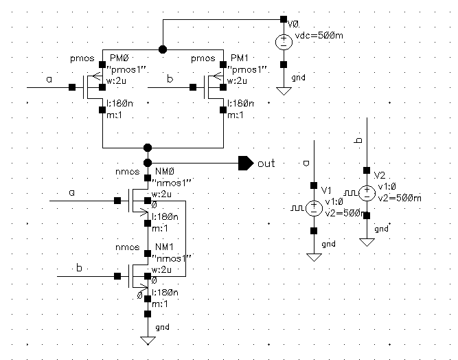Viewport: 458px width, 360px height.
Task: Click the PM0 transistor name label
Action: click(x=119, y=58)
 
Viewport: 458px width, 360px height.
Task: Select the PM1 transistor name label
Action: click(x=239, y=58)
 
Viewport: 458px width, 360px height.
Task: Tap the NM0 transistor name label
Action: click(x=164, y=171)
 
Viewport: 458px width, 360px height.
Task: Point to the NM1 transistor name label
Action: click(x=164, y=247)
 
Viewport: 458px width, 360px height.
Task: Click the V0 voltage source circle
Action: click(x=284, y=42)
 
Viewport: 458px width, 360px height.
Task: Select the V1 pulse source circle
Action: click(x=314, y=208)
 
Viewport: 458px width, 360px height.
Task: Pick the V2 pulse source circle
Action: click(x=367, y=193)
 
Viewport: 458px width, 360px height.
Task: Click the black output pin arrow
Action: click(x=246, y=163)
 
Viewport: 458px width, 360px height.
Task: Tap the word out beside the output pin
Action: click(x=266, y=164)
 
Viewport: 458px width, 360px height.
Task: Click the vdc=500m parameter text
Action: click(x=319, y=36)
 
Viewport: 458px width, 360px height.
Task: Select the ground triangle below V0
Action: click(x=284, y=91)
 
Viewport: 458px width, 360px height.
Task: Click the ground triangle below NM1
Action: click(x=148, y=341)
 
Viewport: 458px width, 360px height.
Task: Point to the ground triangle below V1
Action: click(x=314, y=258)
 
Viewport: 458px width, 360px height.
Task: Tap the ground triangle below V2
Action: click(x=367, y=243)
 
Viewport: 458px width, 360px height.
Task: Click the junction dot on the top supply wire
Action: click(x=163, y=49)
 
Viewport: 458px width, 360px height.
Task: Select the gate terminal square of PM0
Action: click(x=72, y=87)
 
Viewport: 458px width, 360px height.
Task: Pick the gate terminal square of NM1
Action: click(x=117, y=276)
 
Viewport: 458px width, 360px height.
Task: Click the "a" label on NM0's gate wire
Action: click(x=72, y=193)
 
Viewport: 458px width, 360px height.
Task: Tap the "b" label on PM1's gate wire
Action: click(x=170, y=78)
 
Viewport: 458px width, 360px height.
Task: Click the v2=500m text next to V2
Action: click(x=400, y=199)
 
